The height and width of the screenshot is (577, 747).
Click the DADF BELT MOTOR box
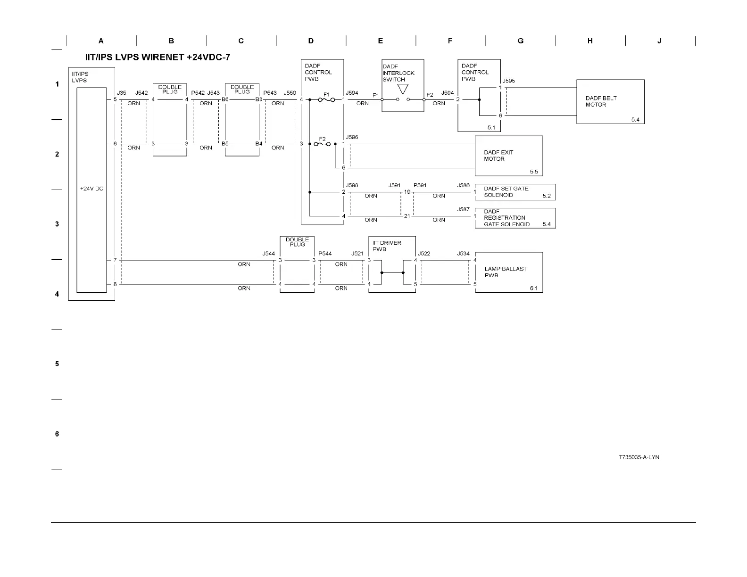(610, 102)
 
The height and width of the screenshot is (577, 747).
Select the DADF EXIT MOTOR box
(508, 156)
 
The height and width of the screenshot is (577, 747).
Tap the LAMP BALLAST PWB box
(508, 272)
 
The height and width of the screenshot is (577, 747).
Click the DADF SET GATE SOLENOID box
(515, 192)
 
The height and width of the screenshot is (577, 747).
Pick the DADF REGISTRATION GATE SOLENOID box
(515, 218)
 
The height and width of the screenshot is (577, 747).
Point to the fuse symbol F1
(326, 100)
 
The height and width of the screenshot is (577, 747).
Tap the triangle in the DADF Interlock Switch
(402, 89)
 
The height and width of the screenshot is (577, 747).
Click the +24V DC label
(91, 189)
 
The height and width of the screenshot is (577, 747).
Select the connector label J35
(122, 93)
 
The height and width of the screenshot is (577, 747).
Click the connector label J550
(290, 93)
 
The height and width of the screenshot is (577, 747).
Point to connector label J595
(508, 81)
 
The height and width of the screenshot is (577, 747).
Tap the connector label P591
(420, 185)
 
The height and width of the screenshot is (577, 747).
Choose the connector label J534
(463, 254)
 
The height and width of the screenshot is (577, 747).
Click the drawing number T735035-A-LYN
(639, 457)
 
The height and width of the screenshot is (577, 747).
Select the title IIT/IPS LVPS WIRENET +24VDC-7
(158, 58)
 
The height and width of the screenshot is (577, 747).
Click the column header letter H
(590, 41)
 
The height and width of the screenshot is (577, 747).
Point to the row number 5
(57, 364)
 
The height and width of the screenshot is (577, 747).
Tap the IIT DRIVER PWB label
(387, 246)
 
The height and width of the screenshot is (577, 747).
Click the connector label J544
(268, 254)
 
